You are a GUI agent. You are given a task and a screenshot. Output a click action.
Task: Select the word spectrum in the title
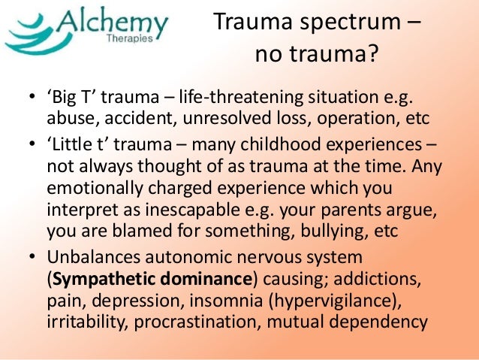coord(345,25)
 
